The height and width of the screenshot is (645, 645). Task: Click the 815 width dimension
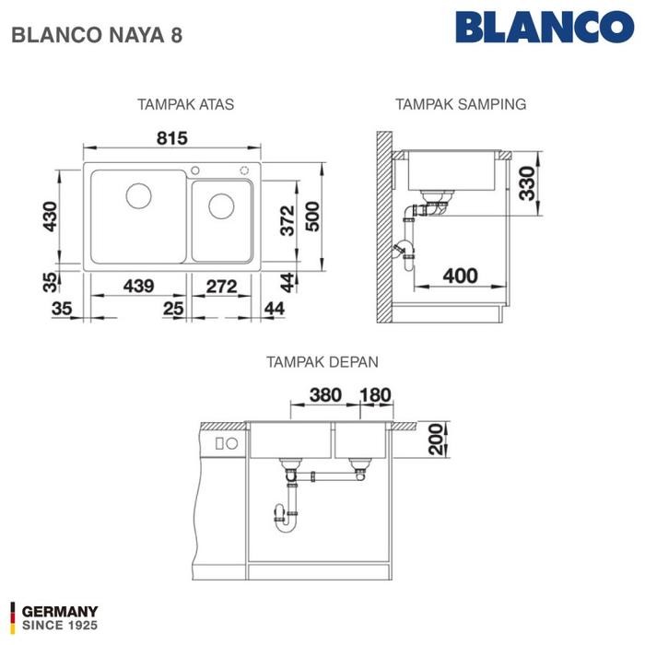(x=171, y=138)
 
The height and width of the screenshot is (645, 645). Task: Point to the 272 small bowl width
(x=221, y=287)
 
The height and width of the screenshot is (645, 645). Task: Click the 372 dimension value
(x=287, y=220)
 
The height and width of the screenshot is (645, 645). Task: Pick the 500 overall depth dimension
(x=313, y=217)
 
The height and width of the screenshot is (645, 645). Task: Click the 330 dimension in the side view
(x=526, y=183)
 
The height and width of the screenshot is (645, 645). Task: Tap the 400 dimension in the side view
(x=460, y=275)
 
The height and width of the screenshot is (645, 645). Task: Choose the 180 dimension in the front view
(x=374, y=394)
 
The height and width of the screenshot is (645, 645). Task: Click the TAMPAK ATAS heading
(x=185, y=104)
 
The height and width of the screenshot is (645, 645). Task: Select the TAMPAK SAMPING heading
(x=461, y=104)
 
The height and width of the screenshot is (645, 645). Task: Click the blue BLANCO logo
(x=550, y=28)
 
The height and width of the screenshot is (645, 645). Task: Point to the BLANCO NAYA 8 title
(x=96, y=36)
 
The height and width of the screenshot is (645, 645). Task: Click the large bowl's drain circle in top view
(x=138, y=195)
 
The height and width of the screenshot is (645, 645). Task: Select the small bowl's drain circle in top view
(x=221, y=205)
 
